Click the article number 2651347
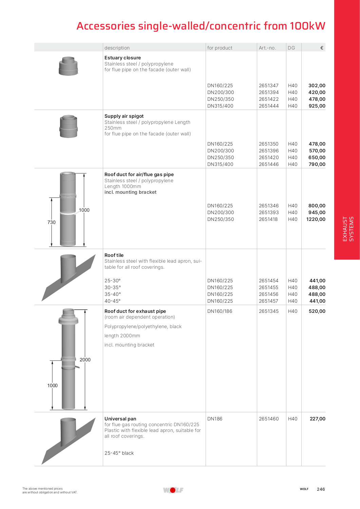tap(268, 86)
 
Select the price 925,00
tap(317, 106)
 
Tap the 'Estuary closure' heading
tap(122, 58)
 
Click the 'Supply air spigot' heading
tap(124, 116)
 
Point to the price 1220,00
tap(316, 219)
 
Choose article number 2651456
tap(268, 294)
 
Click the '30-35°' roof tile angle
tap(113, 287)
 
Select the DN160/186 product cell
tap(220, 311)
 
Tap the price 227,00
tap(317, 419)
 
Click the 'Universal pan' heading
tap(120, 419)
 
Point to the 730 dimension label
tap(52, 222)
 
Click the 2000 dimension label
tap(85, 360)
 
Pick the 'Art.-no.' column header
tap(267, 48)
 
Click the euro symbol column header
tap(322, 48)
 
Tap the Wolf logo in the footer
tap(173, 490)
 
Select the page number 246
tap(321, 489)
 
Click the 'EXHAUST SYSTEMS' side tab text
tap(348, 229)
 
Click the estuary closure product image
tap(68, 66)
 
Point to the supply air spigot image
tap(69, 126)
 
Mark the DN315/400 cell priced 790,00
tap(221, 164)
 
